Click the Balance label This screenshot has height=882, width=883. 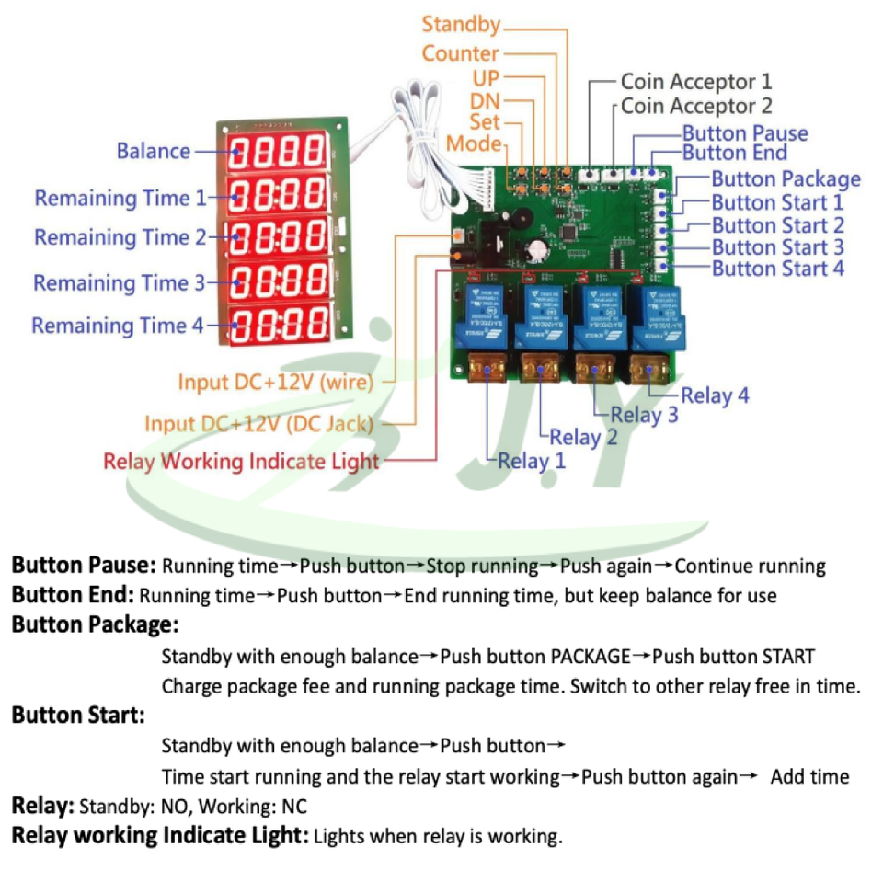(154, 151)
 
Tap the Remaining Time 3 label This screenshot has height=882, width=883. (120, 282)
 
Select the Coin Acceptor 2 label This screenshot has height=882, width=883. (696, 106)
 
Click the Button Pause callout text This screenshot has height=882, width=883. (745, 133)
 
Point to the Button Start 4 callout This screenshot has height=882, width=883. (777, 269)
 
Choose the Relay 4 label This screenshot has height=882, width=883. (715, 395)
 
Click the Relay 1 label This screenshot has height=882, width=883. (532, 461)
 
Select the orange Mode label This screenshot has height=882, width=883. (474, 143)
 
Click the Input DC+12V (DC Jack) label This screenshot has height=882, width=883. (259, 423)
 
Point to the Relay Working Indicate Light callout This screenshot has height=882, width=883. (241, 461)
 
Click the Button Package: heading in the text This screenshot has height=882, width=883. (95, 625)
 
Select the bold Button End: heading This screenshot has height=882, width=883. (73, 595)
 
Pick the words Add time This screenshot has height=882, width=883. (809, 777)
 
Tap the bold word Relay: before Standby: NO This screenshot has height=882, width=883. (42, 807)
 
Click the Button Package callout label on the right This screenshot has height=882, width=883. (786, 179)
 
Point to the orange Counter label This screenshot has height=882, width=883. (460, 53)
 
